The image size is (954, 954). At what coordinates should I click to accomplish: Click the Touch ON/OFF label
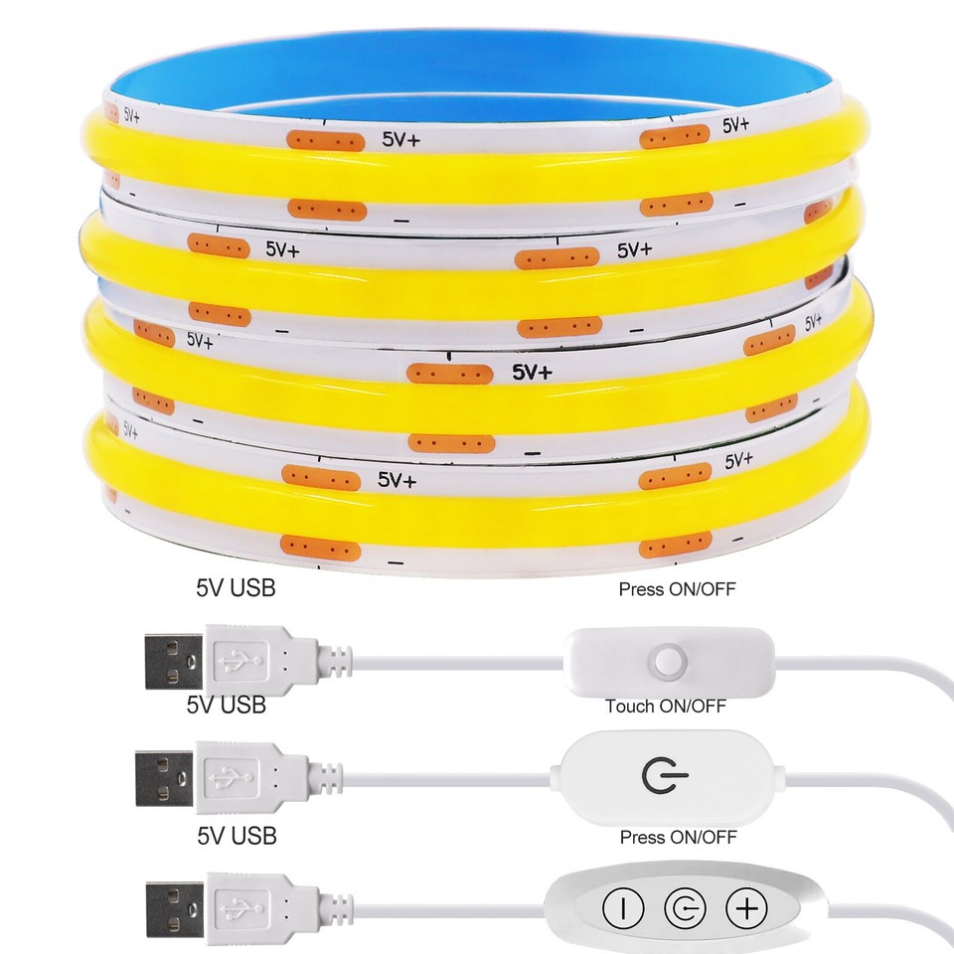tap(666, 706)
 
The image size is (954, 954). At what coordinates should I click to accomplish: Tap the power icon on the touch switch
tap(665, 776)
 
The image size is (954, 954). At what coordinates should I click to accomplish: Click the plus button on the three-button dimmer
tap(746, 908)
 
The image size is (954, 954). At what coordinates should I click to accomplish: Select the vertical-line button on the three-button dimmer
tap(623, 908)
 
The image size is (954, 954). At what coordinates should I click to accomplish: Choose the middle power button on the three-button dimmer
tap(685, 908)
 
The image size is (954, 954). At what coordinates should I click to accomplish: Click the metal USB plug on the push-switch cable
tap(174, 662)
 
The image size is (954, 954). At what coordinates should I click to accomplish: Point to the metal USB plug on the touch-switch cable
tap(164, 778)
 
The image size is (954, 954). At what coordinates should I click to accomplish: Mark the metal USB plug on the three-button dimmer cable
tap(175, 909)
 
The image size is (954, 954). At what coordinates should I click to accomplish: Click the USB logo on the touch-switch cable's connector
tap(230, 777)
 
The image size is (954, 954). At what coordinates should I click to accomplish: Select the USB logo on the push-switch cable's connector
tap(239, 661)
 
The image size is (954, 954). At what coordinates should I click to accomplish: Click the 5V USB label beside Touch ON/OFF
tap(227, 705)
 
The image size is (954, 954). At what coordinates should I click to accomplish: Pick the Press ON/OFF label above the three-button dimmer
tap(679, 837)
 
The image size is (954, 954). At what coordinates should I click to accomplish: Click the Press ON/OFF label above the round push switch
tap(677, 589)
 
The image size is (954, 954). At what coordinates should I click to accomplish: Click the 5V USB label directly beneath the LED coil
tap(237, 587)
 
